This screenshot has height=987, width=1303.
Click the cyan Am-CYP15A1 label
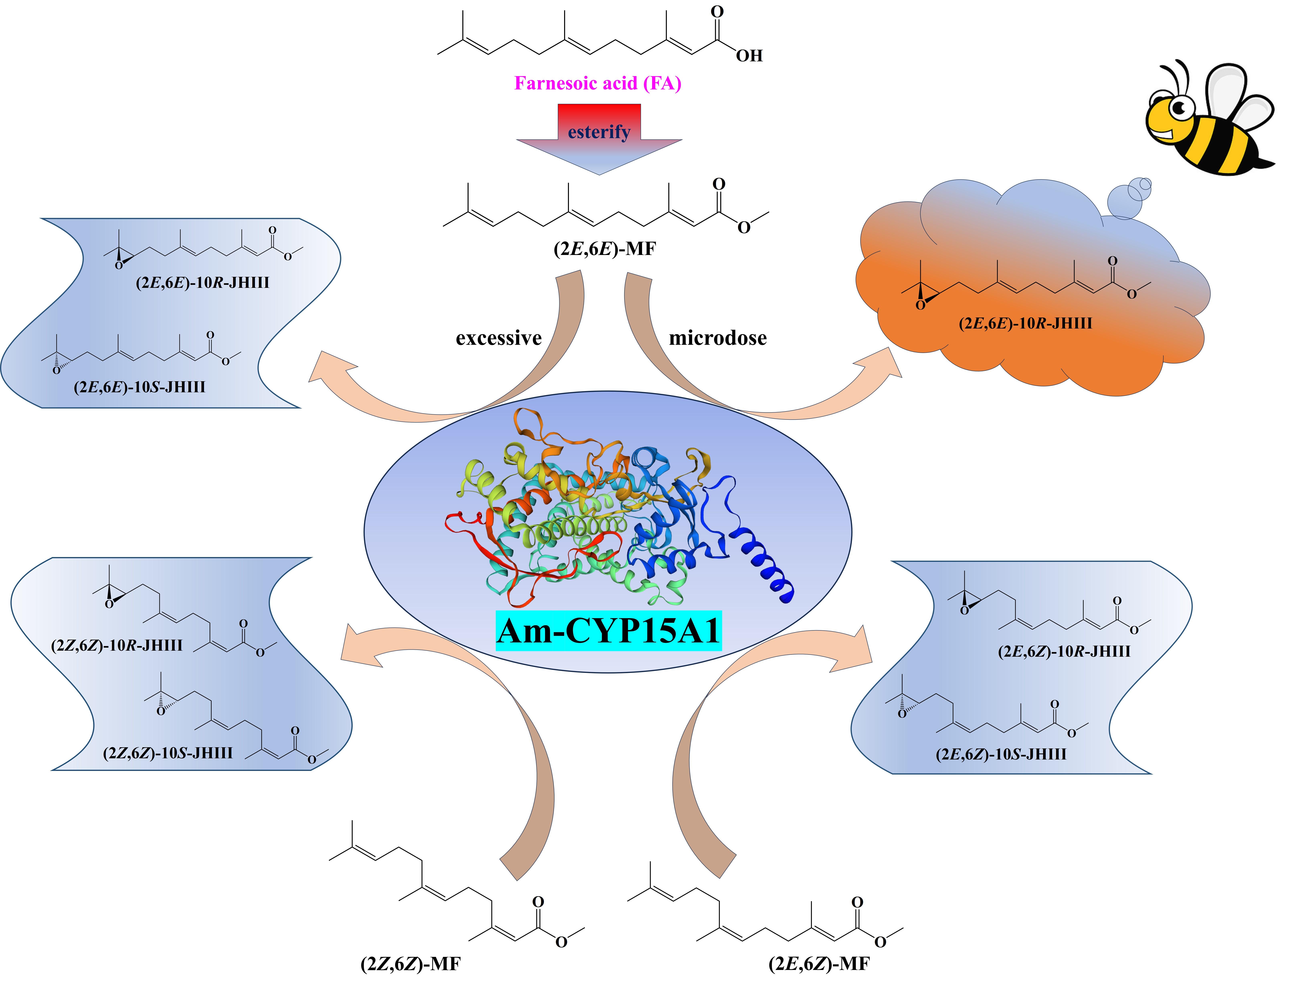click(x=608, y=630)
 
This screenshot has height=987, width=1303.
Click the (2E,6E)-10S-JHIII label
click(x=140, y=387)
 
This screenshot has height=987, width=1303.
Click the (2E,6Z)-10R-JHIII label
click(x=1064, y=651)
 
